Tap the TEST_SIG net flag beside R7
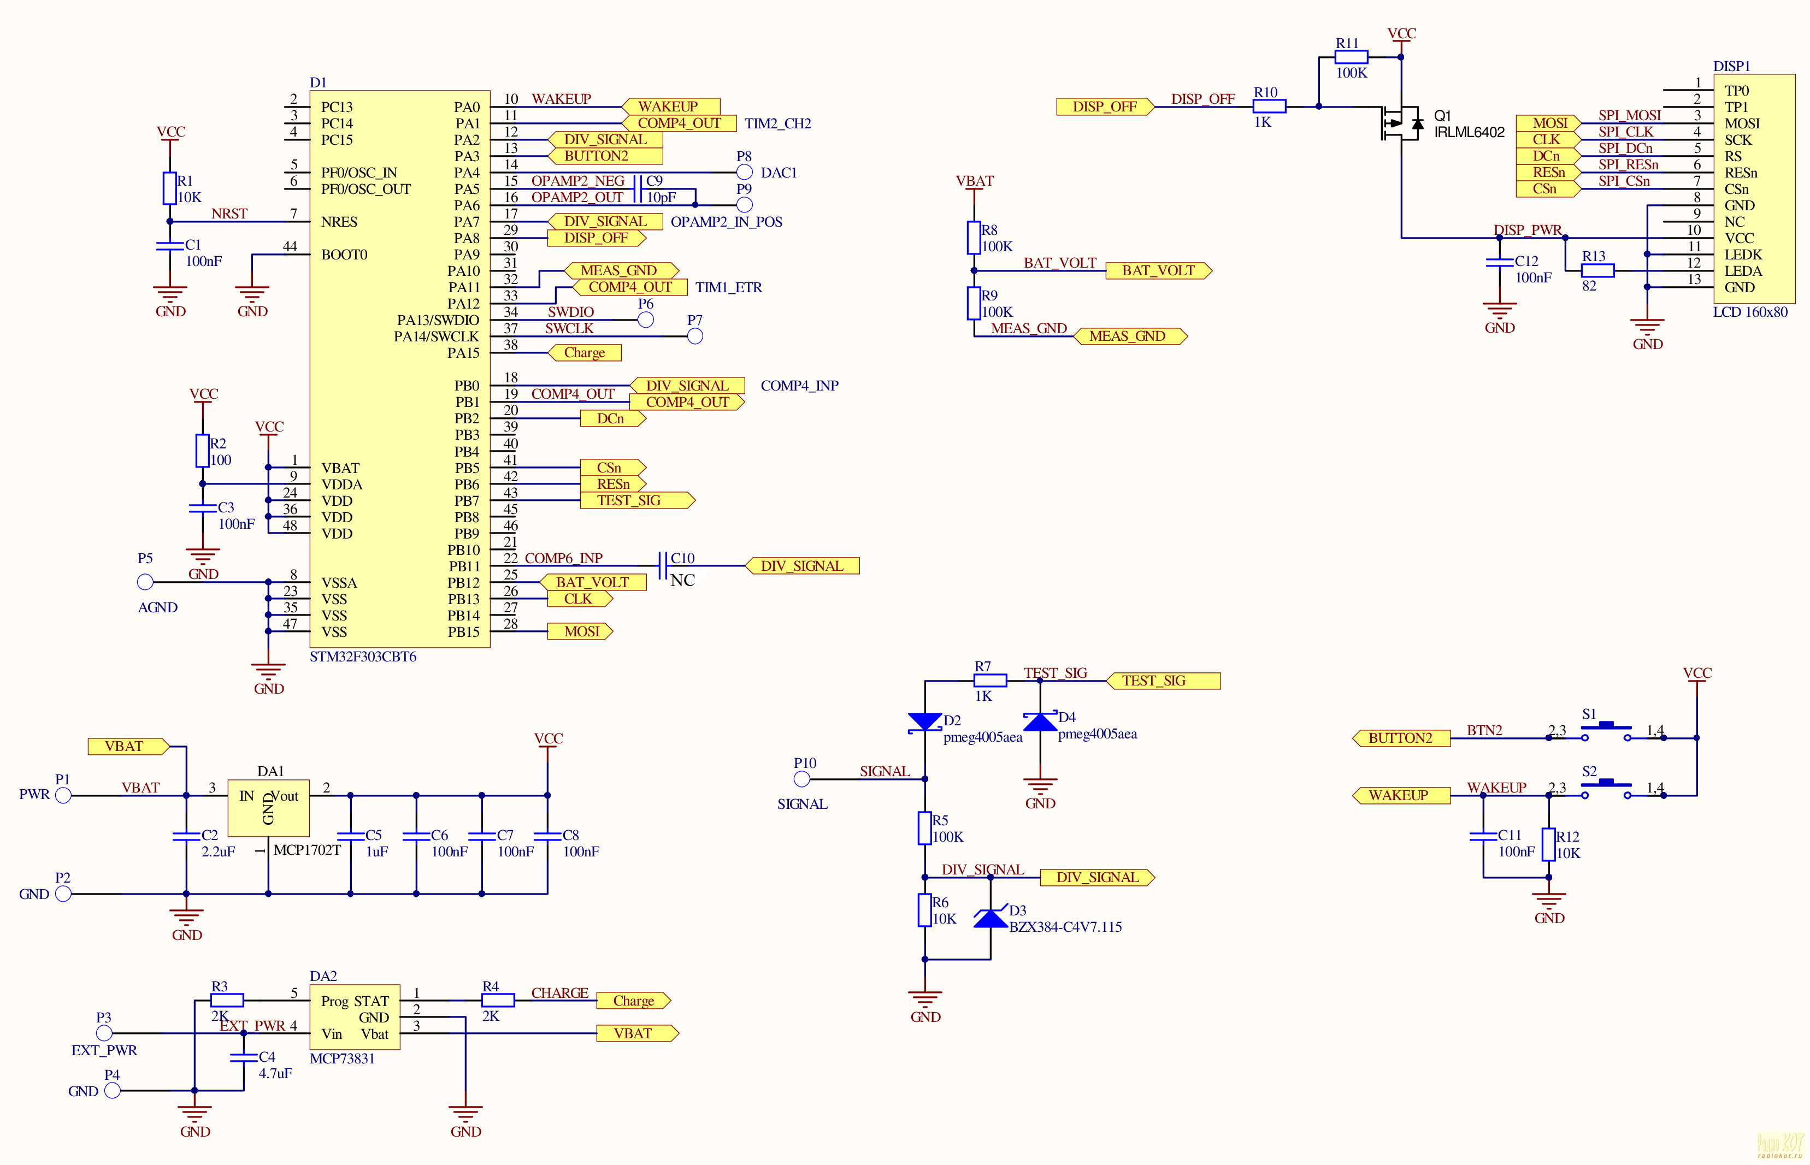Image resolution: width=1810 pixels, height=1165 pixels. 1163,681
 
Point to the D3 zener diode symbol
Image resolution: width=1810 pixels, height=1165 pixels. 991,918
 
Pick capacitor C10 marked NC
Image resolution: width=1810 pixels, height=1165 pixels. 663,565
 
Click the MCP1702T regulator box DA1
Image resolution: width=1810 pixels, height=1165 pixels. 269,808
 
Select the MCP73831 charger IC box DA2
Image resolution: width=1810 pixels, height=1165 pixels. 355,1017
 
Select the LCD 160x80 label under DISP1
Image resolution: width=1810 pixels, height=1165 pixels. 1750,312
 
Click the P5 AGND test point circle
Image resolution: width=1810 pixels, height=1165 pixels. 145,582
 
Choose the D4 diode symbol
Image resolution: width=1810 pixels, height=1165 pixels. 1040,722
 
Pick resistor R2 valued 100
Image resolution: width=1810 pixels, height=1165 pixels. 202,451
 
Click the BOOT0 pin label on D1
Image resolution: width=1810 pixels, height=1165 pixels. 344,254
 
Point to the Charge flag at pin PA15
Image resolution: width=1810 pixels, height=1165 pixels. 584,352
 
